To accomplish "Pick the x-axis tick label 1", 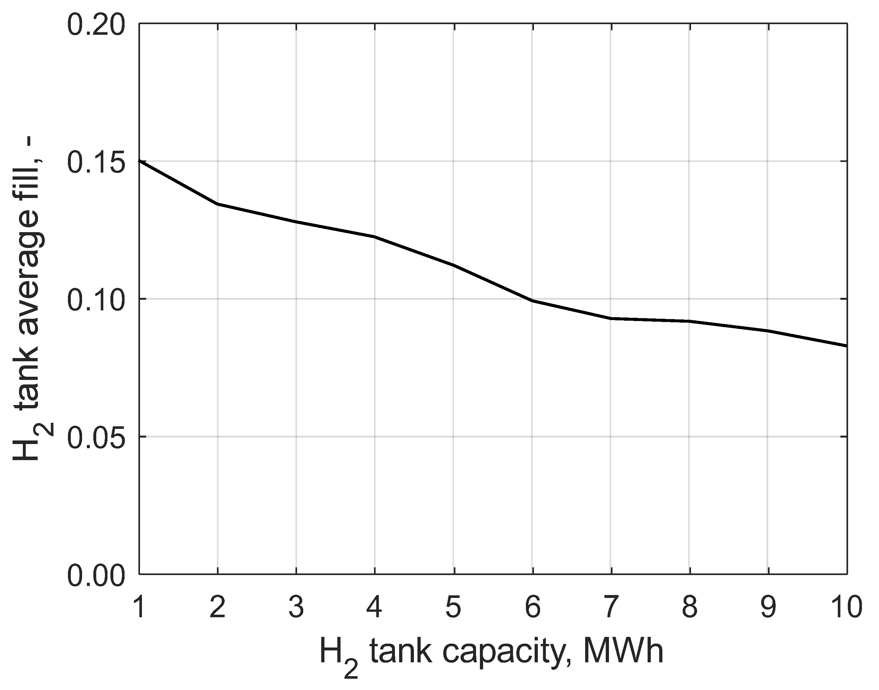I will click(139, 607).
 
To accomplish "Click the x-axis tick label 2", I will click(218, 607).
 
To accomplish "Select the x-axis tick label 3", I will click(296, 607).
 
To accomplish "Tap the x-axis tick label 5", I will click(454, 607).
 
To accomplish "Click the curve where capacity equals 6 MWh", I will click(533, 300).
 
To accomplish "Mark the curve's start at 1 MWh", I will click(140, 161).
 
